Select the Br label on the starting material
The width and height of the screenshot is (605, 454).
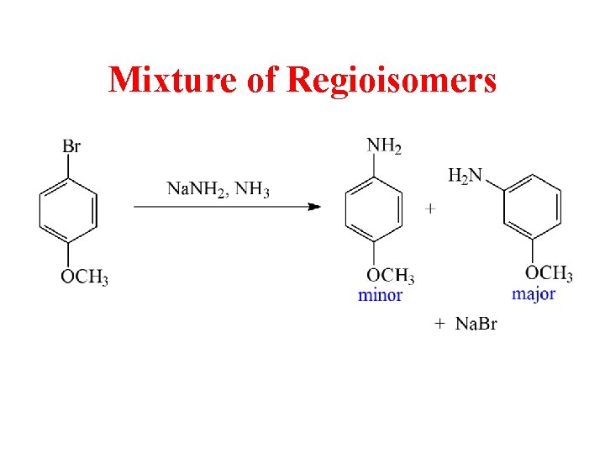(x=71, y=146)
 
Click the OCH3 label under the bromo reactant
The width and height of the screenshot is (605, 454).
(x=84, y=277)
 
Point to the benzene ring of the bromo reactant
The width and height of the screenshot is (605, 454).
(x=68, y=210)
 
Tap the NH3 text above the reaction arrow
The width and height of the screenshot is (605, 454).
(x=253, y=189)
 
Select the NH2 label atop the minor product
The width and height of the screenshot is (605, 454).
(x=384, y=146)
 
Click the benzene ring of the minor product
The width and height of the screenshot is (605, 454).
(x=374, y=210)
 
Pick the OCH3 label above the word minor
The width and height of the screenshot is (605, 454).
(x=391, y=276)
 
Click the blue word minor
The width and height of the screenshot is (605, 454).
(x=380, y=295)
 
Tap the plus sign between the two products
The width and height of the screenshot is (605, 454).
(x=431, y=209)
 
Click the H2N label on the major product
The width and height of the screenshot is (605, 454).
(x=465, y=175)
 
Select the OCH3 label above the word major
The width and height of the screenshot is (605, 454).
(x=549, y=273)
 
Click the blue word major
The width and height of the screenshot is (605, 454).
(x=534, y=294)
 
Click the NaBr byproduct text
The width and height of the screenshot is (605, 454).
(x=476, y=324)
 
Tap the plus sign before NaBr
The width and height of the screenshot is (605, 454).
(x=439, y=323)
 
